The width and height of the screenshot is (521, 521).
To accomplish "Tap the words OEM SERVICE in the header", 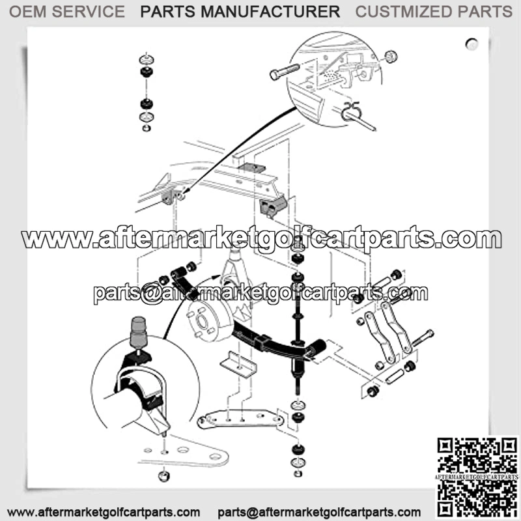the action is [x=67, y=12].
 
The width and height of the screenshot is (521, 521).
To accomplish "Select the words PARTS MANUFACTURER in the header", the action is [x=240, y=12].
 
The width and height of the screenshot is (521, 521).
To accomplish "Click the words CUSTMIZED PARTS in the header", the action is [x=434, y=12].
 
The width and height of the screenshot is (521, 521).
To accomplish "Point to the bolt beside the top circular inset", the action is [x=285, y=72].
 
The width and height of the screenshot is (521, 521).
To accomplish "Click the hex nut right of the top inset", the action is [x=391, y=57].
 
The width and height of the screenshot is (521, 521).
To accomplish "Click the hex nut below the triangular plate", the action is [x=163, y=476].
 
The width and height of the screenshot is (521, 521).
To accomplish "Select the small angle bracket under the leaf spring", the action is [x=238, y=365].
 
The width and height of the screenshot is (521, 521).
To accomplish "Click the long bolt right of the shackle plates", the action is [x=423, y=338].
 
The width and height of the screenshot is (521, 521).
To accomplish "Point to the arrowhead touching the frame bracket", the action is [x=186, y=191].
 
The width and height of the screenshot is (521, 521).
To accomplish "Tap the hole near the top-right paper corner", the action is [x=472, y=44].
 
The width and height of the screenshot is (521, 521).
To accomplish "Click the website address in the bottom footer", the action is [x=104, y=512].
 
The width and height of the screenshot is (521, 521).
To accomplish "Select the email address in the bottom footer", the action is [x=319, y=512].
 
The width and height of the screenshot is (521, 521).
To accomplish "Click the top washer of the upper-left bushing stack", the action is [x=146, y=59].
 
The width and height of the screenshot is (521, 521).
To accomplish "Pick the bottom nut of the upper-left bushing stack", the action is [x=146, y=128].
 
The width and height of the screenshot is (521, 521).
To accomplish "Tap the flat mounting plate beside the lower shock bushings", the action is [x=240, y=419].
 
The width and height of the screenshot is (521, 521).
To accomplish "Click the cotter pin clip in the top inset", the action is [x=350, y=111].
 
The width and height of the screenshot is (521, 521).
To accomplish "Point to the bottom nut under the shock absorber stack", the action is [x=298, y=473].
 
